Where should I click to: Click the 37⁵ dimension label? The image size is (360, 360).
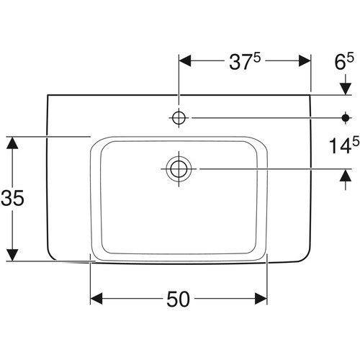pos(245,61)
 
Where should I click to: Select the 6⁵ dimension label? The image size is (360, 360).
pos(344,61)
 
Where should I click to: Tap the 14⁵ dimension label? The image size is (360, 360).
pos(344,145)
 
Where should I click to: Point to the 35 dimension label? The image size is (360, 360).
pos(12,198)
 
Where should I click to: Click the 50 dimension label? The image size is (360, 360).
pos(179,299)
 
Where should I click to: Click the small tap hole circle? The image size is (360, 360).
pos(179,118)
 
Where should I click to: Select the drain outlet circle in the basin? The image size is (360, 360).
pos(179,168)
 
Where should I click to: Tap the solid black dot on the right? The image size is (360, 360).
pos(346,118)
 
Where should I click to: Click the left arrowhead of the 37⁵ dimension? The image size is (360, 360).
pos(185,60)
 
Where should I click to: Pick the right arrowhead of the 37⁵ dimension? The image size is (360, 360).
pos(305,60)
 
